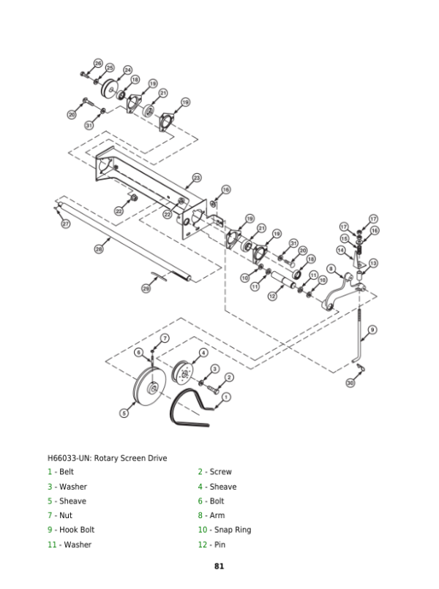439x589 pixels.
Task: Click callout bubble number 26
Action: click(x=98, y=64)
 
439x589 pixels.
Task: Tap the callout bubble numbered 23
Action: click(x=197, y=178)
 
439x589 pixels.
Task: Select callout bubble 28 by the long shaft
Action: click(x=100, y=249)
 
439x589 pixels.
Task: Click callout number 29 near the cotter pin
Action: click(x=146, y=289)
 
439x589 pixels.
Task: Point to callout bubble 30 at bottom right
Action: click(x=350, y=383)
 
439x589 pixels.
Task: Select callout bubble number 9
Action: click(x=372, y=330)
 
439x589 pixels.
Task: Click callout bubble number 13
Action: click(x=373, y=263)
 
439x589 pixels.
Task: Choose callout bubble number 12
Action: click(x=271, y=296)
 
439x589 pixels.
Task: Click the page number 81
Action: click(x=219, y=566)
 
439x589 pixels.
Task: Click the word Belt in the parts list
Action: click(x=66, y=472)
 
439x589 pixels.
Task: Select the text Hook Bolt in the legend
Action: click(x=77, y=530)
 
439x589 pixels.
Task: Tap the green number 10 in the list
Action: click(x=203, y=530)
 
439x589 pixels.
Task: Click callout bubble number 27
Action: click(x=65, y=224)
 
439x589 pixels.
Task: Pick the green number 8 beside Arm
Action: click(x=200, y=515)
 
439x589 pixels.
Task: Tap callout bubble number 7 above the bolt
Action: click(x=165, y=338)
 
